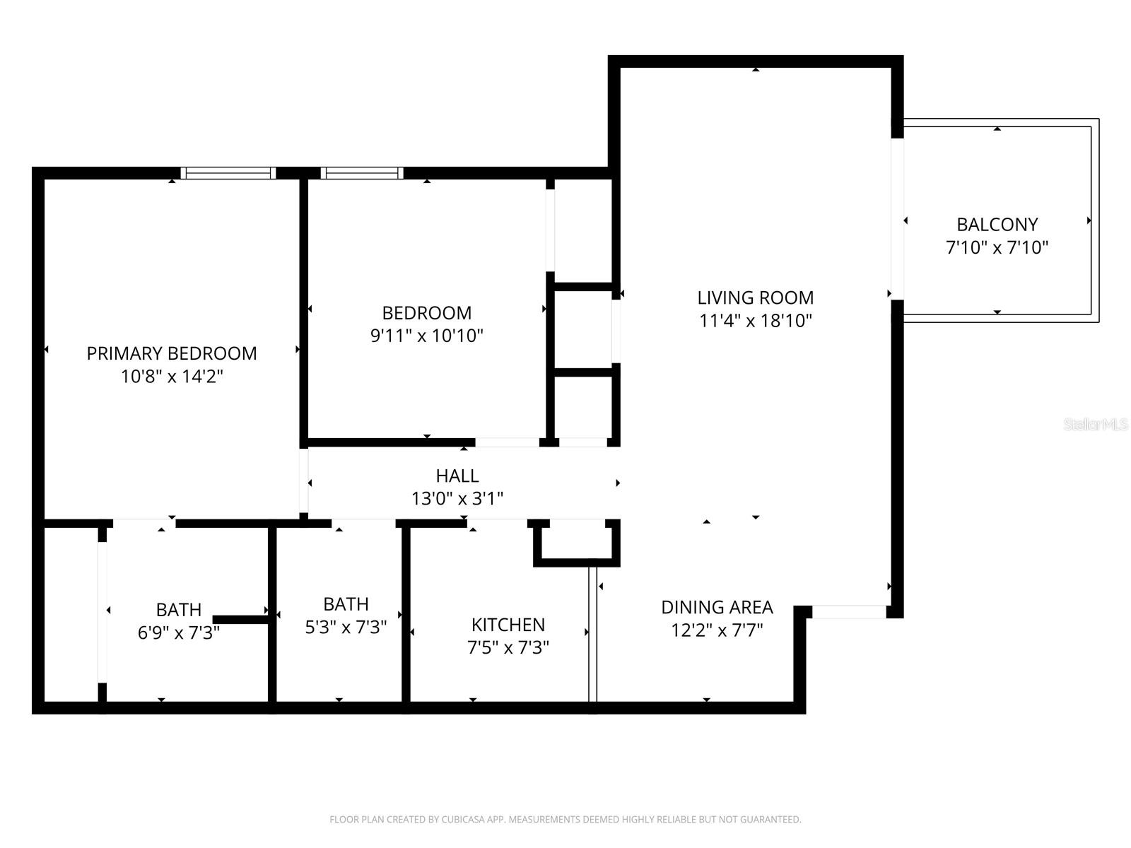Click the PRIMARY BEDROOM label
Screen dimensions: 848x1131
(x=172, y=353)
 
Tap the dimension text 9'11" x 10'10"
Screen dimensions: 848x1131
(x=427, y=336)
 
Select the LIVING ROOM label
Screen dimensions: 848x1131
(x=756, y=298)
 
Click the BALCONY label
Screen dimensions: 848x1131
(x=997, y=225)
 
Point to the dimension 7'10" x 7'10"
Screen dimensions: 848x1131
(x=997, y=247)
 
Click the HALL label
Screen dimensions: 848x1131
(x=457, y=476)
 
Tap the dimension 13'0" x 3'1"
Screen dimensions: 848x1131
(x=457, y=499)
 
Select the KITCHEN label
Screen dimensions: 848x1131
(x=508, y=625)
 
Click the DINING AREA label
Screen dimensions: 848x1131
(x=717, y=607)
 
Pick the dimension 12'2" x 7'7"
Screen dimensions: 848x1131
(x=717, y=630)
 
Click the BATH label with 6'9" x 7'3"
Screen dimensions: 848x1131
(x=179, y=609)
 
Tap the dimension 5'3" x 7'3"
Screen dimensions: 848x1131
(x=346, y=627)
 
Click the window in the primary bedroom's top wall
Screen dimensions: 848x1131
(x=228, y=173)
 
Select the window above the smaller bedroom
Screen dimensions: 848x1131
(x=362, y=173)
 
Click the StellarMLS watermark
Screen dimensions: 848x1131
(x=1096, y=425)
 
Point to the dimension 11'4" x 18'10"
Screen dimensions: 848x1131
(x=756, y=321)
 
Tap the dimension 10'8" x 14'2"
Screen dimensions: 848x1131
(x=172, y=377)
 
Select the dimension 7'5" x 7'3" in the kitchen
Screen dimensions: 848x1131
(x=508, y=647)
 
